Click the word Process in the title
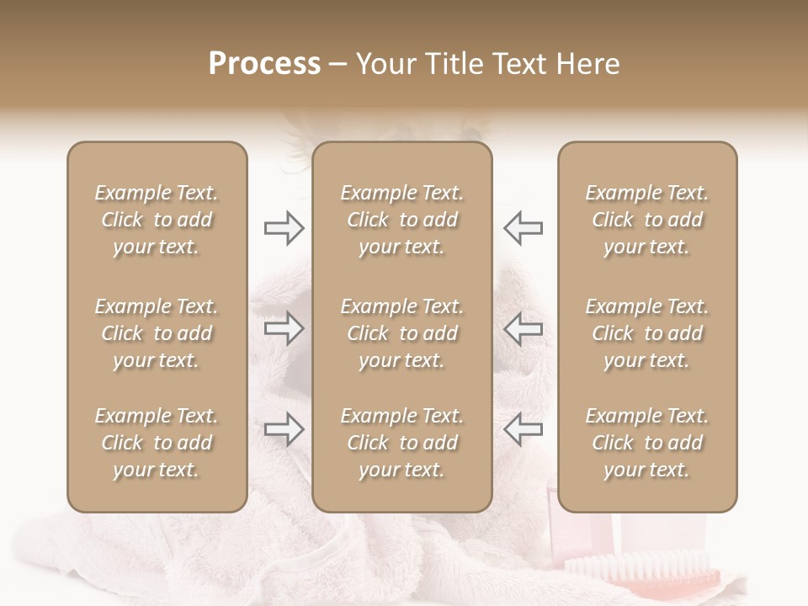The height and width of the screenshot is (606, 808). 264,64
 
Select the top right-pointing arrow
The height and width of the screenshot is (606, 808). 284,227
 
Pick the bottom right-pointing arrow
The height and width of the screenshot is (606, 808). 284,429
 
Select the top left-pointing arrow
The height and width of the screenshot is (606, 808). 523,227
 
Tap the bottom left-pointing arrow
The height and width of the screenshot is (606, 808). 523,429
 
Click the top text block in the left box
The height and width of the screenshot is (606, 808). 157,220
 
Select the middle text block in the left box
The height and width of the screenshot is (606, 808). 157,333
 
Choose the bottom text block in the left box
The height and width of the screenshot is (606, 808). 157,443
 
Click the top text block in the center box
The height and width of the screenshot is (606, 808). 402,220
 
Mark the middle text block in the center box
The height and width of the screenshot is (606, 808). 402,333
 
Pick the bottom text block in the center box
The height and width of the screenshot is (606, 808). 402,443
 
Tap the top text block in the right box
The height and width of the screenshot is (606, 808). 647,220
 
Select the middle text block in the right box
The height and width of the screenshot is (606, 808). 647,333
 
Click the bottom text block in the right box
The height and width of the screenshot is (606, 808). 647,443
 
